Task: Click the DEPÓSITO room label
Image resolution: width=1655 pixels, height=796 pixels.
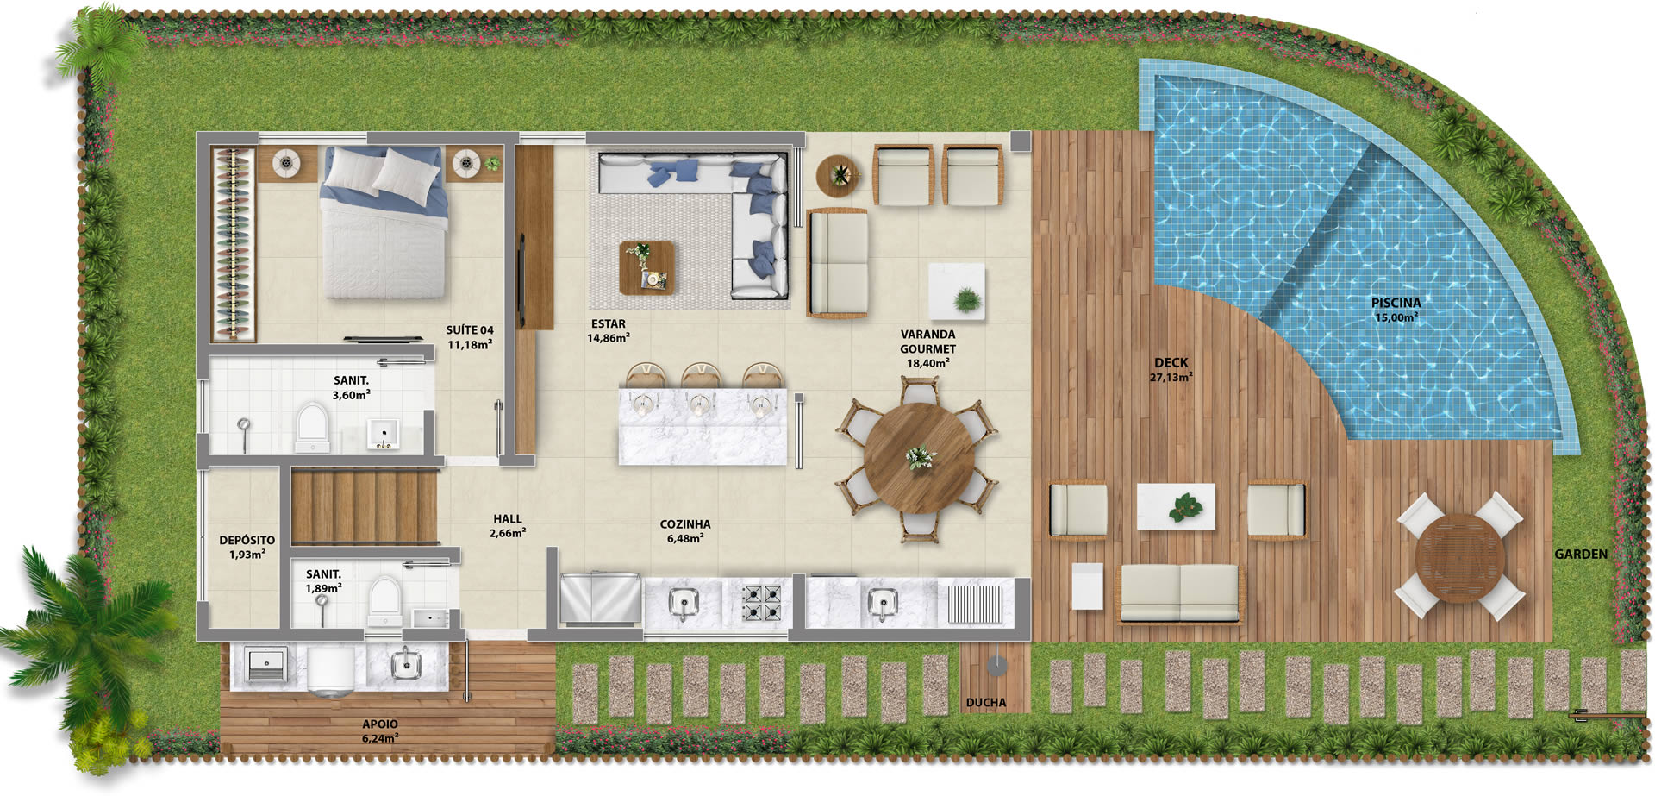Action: [247, 540]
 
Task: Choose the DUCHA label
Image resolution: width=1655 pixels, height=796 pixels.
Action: [985, 703]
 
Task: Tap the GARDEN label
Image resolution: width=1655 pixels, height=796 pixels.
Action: [1581, 554]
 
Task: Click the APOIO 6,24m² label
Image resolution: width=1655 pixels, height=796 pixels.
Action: [380, 731]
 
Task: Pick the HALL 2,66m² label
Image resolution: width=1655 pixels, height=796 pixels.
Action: [507, 526]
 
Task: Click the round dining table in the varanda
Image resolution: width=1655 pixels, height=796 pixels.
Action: [920, 457]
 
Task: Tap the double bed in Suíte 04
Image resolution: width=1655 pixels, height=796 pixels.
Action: [384, 222]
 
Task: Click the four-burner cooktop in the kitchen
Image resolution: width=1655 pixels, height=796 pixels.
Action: [762, 603]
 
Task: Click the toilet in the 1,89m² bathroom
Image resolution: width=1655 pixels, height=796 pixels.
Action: [384, 601]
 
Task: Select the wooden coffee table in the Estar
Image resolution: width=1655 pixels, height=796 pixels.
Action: [646, 268]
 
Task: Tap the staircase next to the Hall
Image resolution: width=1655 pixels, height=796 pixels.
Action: [364, 506]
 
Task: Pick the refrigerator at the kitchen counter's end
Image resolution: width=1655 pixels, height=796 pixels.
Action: [600, 598]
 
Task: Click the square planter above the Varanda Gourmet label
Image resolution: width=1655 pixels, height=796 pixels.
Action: [956, 291]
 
